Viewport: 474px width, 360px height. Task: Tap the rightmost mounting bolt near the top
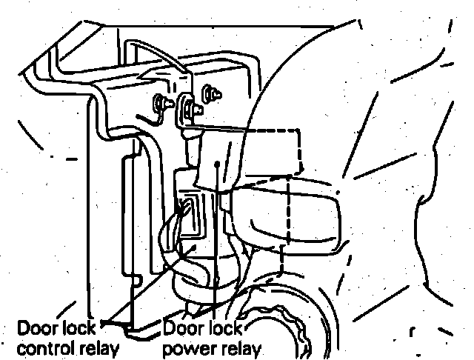(210, 94)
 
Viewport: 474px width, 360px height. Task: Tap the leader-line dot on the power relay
(216, 164)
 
